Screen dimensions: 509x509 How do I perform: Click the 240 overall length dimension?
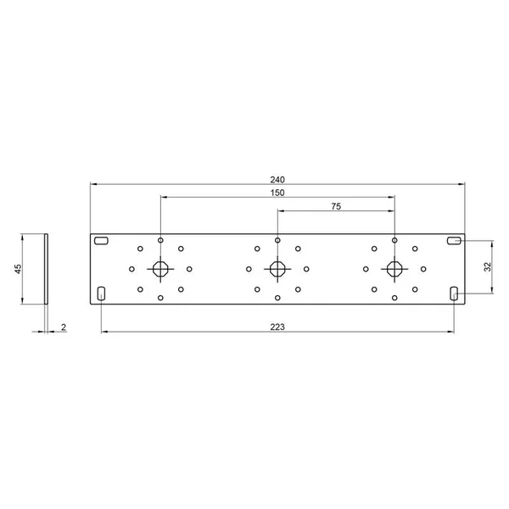(x=277, y=180)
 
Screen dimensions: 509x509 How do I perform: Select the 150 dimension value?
(x=277, y=193)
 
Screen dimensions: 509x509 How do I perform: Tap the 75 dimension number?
(x=336, y=206)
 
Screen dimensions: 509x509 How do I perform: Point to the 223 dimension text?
(x=277, y=327)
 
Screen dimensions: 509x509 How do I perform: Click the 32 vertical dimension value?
(x=488, y=267)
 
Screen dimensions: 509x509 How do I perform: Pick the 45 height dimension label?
(x=18, y=269)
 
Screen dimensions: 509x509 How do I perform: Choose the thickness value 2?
(x=64, y=327)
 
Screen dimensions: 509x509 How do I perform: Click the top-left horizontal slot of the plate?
(x=101, y=241)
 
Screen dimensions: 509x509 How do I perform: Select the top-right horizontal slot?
(x=454, y=241)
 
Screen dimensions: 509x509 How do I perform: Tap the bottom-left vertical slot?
(x=101, y=294)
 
